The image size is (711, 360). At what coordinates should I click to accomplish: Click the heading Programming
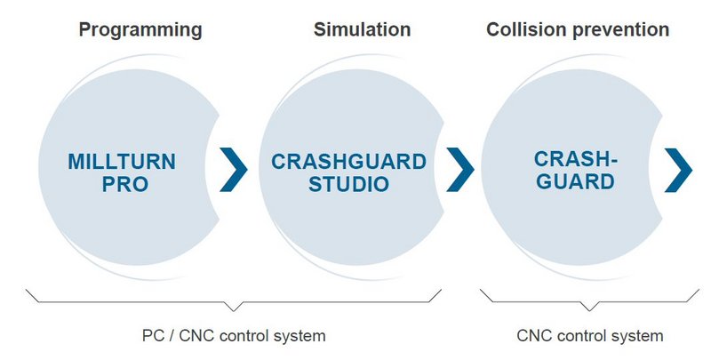(x=140, y=29)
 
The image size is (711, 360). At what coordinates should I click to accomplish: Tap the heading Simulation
(x=362, y=29)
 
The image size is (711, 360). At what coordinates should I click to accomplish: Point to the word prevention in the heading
(x=619, y=29)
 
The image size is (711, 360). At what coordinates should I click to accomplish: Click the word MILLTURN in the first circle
(x=122, y=162)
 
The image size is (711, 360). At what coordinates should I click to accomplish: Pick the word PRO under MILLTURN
(x=122, y=186)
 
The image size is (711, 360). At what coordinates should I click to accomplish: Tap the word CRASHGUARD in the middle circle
(x=348, y=162)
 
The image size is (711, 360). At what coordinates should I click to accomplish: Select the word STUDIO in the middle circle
(x=348, y=186)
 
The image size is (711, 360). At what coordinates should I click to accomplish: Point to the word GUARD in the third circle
(x=574, y=182)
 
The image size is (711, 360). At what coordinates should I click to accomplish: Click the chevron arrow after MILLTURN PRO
(x=234, y=170)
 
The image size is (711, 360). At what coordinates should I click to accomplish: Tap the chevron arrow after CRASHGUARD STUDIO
(x=459, y=170)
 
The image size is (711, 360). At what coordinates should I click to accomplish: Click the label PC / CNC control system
(x=235, y=336)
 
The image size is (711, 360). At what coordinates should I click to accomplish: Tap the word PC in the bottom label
(x=153, y=336)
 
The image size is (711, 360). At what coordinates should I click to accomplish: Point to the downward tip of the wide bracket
(x=235, y=308)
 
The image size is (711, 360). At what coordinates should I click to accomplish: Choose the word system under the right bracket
(x=639, y=336)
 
